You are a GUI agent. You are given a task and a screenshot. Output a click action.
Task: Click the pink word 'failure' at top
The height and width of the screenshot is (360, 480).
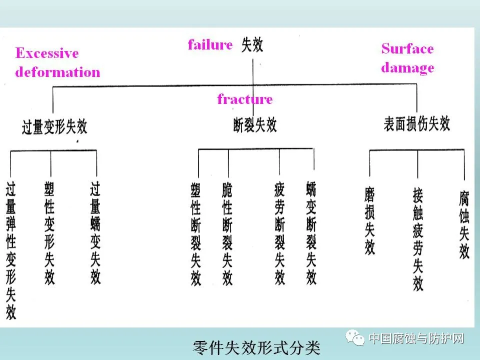click(210, 44)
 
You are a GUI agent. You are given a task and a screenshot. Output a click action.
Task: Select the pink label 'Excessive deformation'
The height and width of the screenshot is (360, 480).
click(57, 62)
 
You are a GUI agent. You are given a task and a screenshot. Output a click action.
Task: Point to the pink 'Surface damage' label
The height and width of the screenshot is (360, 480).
click(407, 58)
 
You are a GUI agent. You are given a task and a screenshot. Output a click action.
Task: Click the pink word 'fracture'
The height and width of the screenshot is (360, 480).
click(245, 99)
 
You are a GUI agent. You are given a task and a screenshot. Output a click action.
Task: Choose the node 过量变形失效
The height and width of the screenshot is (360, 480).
click(55, 127)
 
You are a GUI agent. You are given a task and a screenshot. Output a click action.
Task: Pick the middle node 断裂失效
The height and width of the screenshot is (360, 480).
click(255, 124)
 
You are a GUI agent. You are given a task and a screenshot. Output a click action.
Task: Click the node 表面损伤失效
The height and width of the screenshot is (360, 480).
click(417, 123)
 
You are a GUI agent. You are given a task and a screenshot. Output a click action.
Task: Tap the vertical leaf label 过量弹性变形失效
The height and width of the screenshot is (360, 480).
click(11, 250)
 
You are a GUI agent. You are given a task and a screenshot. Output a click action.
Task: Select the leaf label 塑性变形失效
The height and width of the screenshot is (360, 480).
click(49, 232)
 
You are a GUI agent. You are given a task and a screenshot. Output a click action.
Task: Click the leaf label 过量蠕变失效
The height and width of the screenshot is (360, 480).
click(95, 232)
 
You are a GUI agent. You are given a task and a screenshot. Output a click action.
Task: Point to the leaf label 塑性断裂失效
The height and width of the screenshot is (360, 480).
click(196, 233)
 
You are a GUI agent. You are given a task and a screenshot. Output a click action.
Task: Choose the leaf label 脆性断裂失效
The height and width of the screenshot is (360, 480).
click(227, 233)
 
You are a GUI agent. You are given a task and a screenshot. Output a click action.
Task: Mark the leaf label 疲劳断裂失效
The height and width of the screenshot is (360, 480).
click(280, 233)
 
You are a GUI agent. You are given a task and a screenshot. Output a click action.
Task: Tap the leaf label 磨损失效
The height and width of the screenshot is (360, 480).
click(370, 220)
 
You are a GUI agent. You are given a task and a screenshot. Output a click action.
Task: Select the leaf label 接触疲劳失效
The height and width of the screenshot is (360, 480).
click(418, 239)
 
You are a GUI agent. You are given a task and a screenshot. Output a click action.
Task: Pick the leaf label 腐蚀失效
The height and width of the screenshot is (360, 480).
click(464, 224)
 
